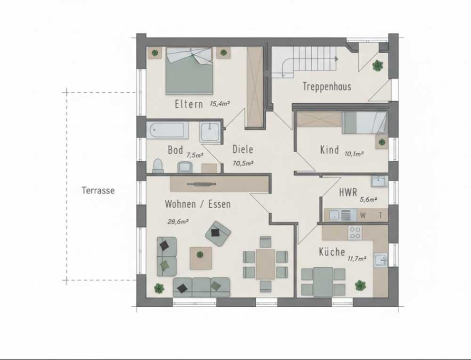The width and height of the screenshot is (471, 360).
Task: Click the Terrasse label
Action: click(98, 191)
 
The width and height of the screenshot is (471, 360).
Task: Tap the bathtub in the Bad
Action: click(168, 130)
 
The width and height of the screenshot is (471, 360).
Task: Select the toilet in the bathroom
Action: click(158, 166)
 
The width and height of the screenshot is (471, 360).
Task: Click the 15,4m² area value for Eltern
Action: click(220, 104)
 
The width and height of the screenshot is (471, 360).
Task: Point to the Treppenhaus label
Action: click(327, 87)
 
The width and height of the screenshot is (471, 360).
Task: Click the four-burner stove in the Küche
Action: click(355, 233)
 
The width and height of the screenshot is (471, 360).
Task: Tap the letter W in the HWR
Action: click(363, 215)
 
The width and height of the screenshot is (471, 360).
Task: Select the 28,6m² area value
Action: click(178, 222)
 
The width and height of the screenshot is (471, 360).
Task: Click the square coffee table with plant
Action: click(201, 258)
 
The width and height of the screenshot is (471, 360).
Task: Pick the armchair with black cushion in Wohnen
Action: click(218, 234)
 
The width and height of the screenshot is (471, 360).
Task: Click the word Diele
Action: click(243, 149)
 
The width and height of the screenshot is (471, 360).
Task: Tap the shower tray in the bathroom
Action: click(210, 131)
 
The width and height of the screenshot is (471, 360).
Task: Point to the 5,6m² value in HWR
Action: click(368, 199)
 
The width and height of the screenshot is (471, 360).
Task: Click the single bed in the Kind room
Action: click(365, 123)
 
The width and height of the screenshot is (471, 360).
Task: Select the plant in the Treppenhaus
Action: click(377, 65)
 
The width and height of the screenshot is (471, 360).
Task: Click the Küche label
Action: click(332, 252)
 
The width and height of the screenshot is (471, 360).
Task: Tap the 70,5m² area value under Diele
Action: click(243, 164)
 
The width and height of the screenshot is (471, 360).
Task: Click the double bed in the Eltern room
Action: click(189, 71)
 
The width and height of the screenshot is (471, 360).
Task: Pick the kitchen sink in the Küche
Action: click(381, 260)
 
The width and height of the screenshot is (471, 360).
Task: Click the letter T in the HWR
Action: click(381, 215)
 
